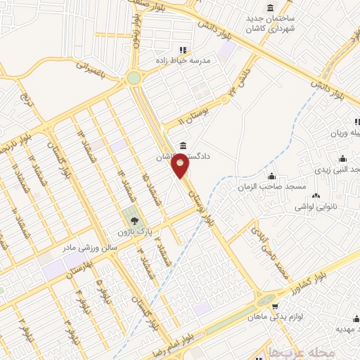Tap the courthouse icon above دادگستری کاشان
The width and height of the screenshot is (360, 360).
click(184, 146)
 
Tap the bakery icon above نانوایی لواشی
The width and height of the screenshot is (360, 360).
click(315, 195)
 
